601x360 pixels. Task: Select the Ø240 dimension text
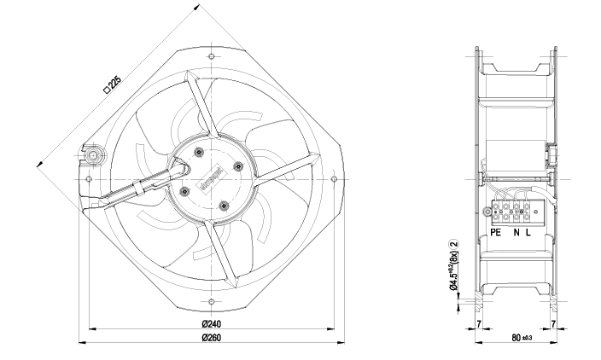pos(211,324)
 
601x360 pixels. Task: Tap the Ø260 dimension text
pos(211,339)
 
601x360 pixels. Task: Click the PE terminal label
pos(497,232)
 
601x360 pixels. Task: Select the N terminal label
pos(516,232)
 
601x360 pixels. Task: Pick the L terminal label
pos(528,232)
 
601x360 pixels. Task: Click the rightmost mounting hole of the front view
pos(333,180)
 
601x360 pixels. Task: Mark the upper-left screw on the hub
pos(198,153)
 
